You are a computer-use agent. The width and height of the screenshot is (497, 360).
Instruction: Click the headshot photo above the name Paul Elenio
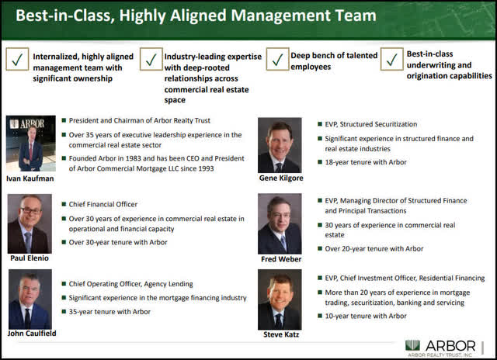[30, 223]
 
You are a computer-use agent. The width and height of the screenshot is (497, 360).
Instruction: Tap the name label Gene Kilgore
[281, 178]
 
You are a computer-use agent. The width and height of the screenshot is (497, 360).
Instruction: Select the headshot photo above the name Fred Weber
[280, 223]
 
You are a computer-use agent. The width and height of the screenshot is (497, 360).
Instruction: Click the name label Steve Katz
[281, 334]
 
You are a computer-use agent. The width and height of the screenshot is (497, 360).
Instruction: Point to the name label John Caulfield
[32, 333]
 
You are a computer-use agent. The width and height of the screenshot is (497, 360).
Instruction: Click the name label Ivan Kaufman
[30, 178]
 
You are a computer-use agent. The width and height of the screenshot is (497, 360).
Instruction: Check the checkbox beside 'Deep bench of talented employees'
[277, 59]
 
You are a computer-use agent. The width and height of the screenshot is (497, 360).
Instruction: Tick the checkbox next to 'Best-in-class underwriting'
[391, 59]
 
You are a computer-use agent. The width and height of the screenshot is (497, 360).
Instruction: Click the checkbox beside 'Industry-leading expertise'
[151, 59]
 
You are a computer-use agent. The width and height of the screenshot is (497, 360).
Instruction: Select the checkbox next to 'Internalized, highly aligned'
[17, 59]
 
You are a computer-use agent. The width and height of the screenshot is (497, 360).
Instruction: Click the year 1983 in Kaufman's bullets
[133, 158]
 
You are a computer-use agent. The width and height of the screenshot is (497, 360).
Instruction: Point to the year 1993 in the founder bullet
[206, 168]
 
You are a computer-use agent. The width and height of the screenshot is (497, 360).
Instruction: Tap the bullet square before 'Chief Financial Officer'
[64, 204]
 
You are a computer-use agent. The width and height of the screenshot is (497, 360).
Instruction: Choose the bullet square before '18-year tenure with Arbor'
[320, 162]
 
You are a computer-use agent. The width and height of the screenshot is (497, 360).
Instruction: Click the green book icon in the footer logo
[412, 345]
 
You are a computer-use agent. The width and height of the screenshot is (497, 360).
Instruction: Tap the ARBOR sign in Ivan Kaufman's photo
[27, 124]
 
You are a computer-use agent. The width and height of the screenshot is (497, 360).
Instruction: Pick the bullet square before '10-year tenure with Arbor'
[320, 316]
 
